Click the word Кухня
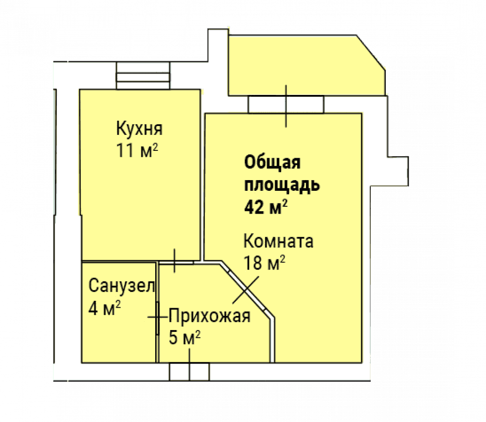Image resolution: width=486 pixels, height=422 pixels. pyautogui.click(x=139, y=128)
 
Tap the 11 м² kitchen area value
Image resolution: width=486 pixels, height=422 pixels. pyautogui.click(x=137, y=150)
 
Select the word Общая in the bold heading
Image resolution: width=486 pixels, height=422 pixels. pyautogui.click(x=272, y=163)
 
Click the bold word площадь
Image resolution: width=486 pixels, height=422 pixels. pyautogui.click(x=282, y=185)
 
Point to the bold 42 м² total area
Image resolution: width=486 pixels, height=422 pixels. pyautogui.click(x=266, y=207)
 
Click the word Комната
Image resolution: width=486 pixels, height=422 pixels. pyautogui.click(x=278, y=241)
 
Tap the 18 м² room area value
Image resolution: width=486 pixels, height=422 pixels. pyautogui.click(x=264, y=263)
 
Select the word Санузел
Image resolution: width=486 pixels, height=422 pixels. pyautogui.click(x=122, y=285)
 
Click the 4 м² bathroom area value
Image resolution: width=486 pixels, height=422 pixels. pyautogui.click(x=105, y=308)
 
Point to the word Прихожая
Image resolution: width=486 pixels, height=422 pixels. pyautogui.click(x=210, y=316)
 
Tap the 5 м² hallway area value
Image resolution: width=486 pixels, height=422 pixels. pyautogui.click(x=184, y=337)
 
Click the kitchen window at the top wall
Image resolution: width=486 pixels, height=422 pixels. pyautogui.click(x=143, y=75)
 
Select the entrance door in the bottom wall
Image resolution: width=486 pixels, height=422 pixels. pyautogui.click(x=189, y=371)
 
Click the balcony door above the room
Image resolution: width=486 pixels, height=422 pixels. pyautogui.click(x=286, y=105)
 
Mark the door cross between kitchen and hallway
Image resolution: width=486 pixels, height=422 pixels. pyautogui.click(x=175, y=261)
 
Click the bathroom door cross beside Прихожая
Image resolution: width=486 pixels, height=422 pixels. pyautogui.click(x=158, y=317)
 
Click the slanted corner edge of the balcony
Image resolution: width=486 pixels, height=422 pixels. pyautogui.click(x=371, y=53)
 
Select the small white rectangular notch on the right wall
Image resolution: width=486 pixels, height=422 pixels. pyautogui.click(x=397, y=171)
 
